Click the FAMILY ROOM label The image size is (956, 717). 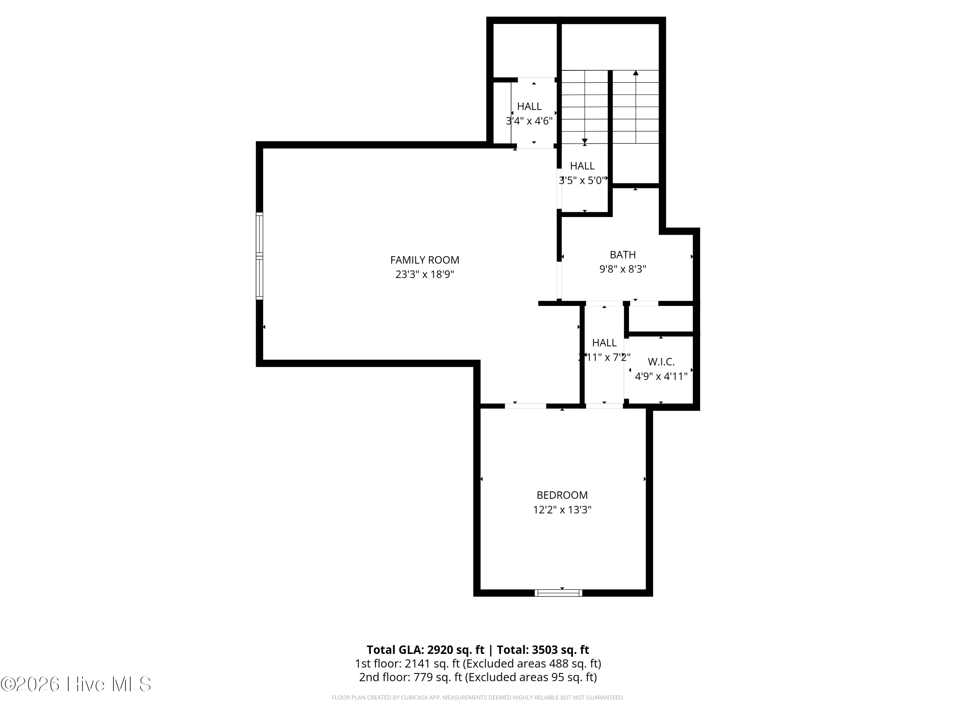pos(424,260)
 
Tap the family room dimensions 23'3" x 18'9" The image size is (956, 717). pos(424,274)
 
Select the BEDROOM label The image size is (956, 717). pos(562,495)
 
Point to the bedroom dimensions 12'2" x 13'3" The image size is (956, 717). pos(562,510)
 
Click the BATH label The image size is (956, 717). pos(622,255)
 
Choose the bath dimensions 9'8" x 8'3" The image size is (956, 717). pos(622,269)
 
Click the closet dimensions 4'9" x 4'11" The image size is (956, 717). pos(661,376)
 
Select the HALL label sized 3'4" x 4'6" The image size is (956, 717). pos(529,106)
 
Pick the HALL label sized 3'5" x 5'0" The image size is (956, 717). pos(582,166)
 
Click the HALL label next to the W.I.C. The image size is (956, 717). pos(604,343)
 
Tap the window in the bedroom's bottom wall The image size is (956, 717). pos(558,593)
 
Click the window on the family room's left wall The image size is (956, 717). pos(259,256)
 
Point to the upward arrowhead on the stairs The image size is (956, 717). pos(636,73)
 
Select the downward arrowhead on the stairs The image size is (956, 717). pos(585,141)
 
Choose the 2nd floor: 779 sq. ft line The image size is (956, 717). pos(478,677)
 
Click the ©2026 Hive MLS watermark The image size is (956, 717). pos(76,684)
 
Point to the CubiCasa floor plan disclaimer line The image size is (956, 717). pos(478,698)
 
